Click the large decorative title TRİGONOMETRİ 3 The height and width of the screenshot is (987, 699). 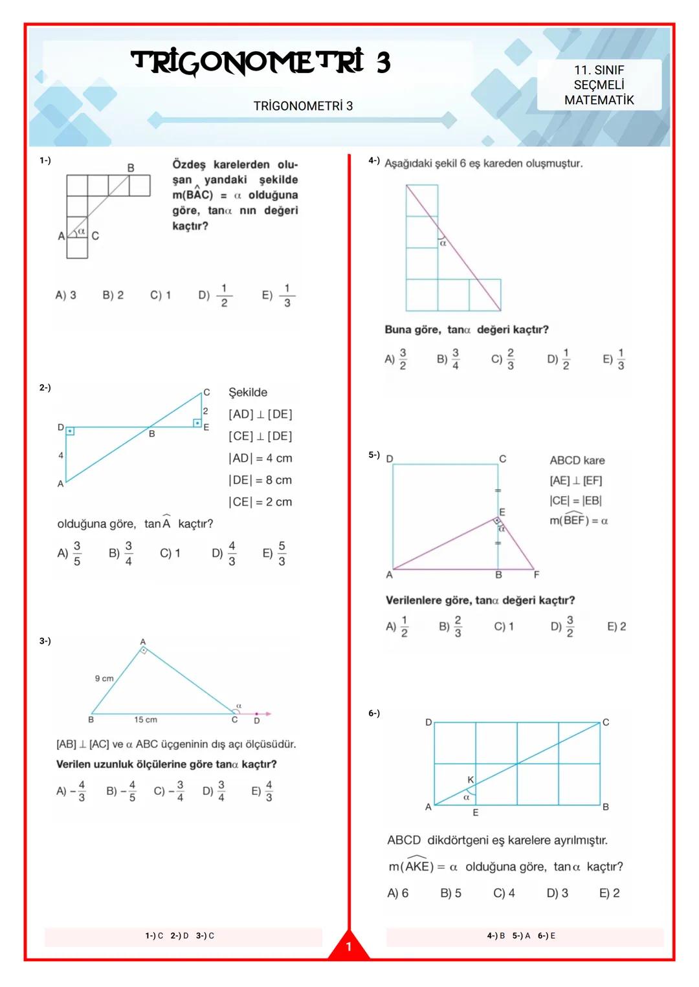click(261, 63)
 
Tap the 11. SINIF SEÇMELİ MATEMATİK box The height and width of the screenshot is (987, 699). click(599, 85)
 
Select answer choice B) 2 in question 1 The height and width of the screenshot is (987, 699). click(113, 296)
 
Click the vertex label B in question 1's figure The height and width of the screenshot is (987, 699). click(131, 168)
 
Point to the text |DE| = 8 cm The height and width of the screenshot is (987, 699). click(260, 480)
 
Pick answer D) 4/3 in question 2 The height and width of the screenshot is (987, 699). click(224, 554)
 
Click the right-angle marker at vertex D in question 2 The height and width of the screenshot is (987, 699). click(70, 431)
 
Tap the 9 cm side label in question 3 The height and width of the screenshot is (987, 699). click(104, 678)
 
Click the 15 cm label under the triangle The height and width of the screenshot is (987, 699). click(146, 720)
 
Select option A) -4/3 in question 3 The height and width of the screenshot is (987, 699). click(71, 791)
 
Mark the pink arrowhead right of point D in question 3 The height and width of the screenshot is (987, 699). click(267, 714)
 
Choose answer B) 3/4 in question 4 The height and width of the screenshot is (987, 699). click(448, 359)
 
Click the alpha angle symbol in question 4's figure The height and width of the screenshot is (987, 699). click(443, 243)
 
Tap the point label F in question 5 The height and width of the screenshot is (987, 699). click(537, 574)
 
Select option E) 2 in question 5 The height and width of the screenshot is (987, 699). click(616, 626)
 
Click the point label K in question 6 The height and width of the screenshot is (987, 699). click(471, 780)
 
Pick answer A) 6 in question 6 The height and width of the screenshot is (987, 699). click(397, 893)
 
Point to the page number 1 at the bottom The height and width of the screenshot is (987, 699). click(348, 947)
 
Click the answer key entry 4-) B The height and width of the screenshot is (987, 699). click(496, 936)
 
